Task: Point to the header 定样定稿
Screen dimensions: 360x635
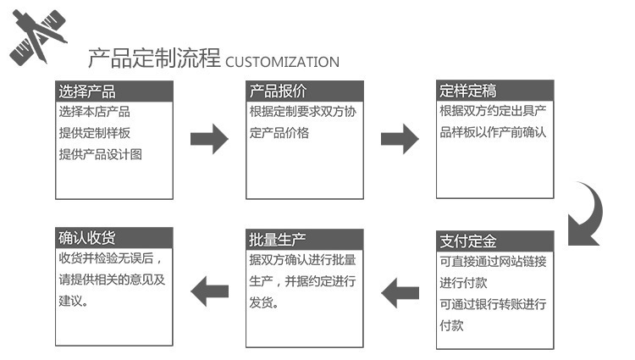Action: click(468, 91)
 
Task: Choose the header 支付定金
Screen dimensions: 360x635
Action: click(468, 241)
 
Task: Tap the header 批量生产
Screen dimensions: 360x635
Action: click(277, 239)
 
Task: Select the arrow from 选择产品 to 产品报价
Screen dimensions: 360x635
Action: click(209, 138)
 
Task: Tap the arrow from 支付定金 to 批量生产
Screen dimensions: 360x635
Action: click(400, 293)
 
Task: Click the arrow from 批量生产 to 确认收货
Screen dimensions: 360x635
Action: click(209, 293)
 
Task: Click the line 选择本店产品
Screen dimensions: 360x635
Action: click(94, 112)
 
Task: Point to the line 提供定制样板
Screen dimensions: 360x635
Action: click(94, 133)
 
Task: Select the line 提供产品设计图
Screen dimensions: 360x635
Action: click(100, 154)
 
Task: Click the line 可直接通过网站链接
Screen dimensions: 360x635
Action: click(493, 261)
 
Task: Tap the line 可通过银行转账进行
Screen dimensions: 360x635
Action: click(493, 304)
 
